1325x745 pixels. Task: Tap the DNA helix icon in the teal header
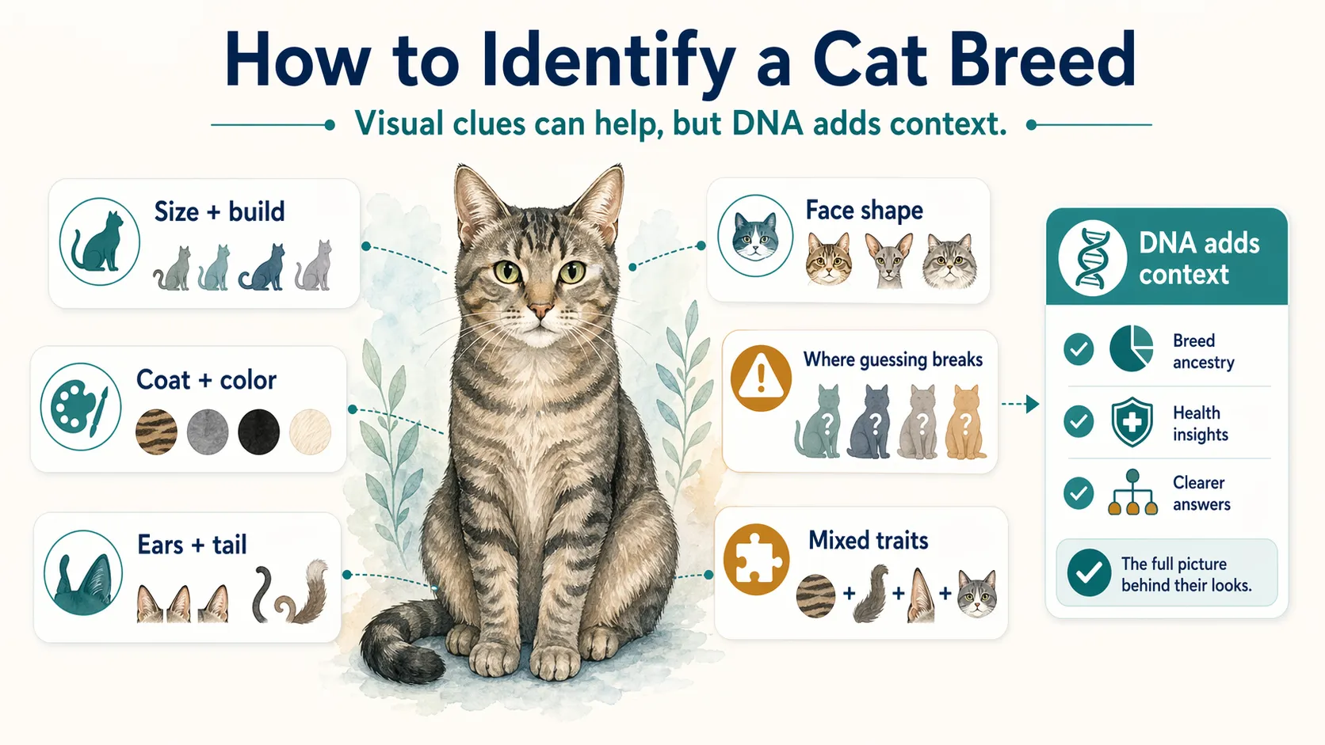pos(1092,258)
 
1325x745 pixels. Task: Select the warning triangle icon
pos(761,378)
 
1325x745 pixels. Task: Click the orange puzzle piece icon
pos(756,559)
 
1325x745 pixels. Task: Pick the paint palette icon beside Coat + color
pos(81,406)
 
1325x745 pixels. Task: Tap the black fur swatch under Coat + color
pos(258,432)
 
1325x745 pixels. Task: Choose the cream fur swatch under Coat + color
pos(310,432)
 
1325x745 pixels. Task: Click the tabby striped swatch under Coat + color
pos(156,432)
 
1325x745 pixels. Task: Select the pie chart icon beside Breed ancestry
pos(1131,348)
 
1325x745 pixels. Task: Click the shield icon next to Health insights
pos(1132,422)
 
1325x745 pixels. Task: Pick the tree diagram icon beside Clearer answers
pos(1132,492)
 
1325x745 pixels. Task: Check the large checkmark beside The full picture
pos(1089,572)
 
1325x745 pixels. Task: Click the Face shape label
pos(864,211)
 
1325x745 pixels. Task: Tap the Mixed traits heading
pos(868,541)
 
